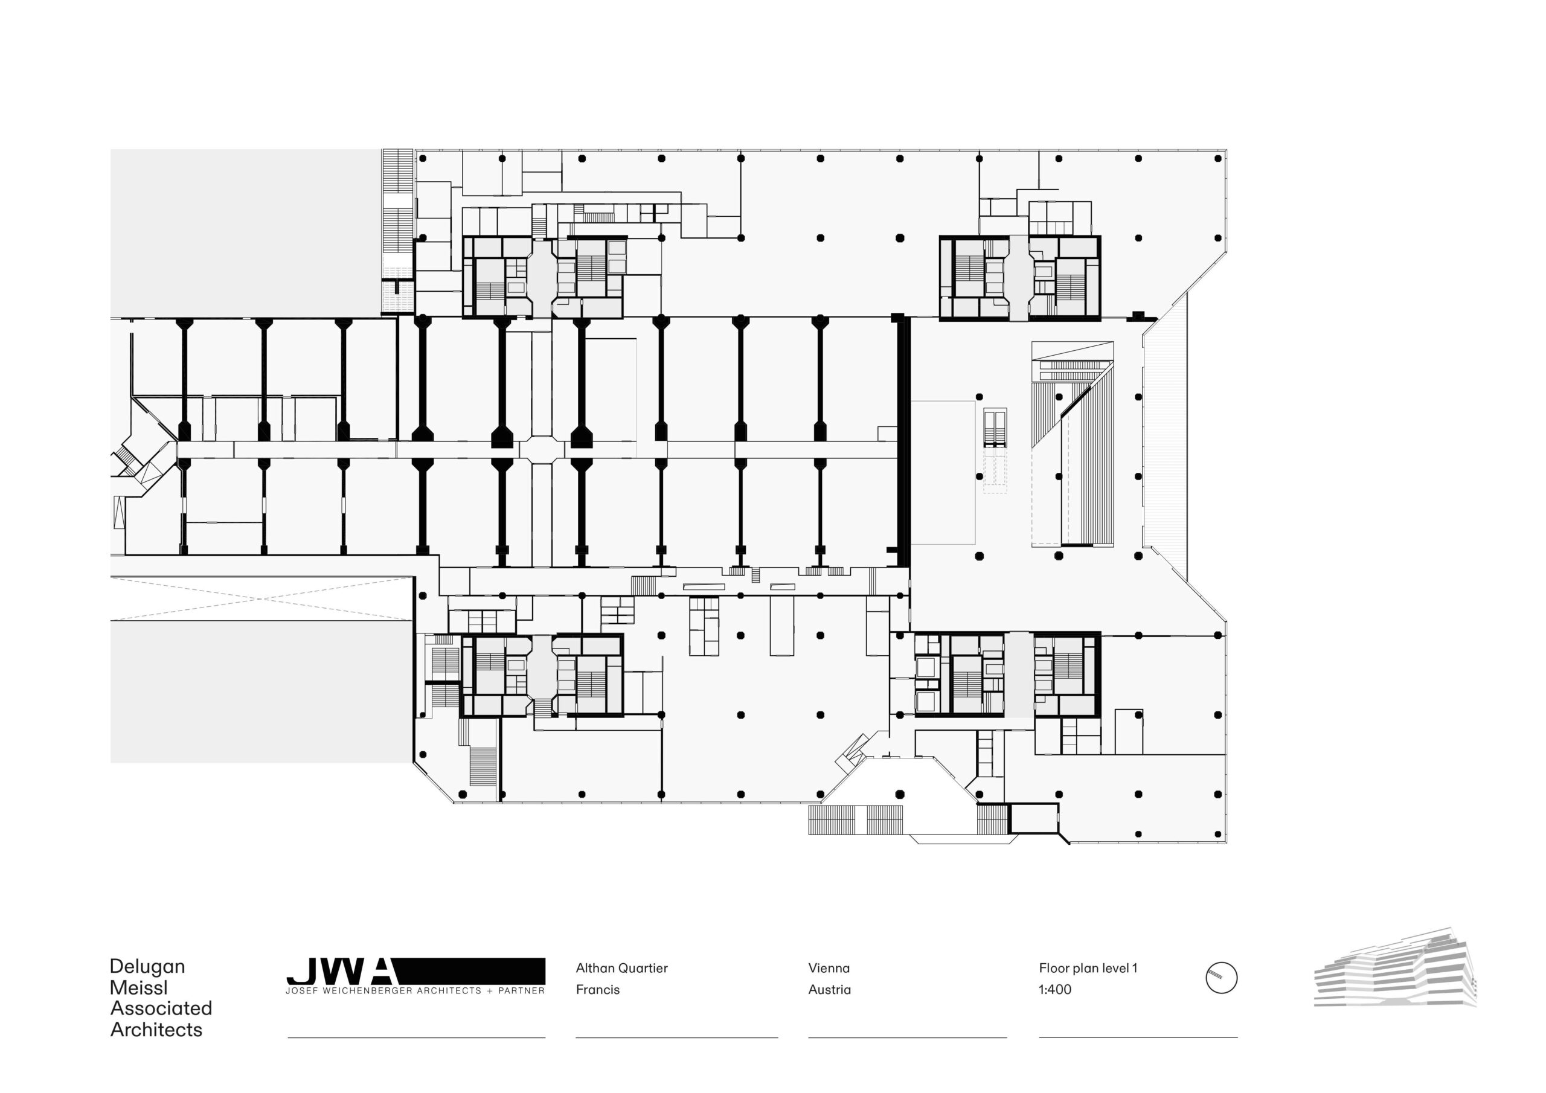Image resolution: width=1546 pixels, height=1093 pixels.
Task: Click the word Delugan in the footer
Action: pyautogui.click(x=147, y=966)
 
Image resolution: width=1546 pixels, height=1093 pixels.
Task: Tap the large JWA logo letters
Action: pyautogui.click(x=340, y=972)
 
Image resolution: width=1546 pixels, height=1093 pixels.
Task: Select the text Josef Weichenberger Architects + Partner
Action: pyautogui.click(x=415, y=990)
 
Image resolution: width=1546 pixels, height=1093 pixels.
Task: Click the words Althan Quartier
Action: pyautogui.click(x=621, y=968)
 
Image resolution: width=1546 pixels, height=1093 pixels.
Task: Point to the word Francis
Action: pyautogui.click(x=597, y=989)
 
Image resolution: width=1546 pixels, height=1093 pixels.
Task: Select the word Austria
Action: pyautogui.click(x=829, y=989)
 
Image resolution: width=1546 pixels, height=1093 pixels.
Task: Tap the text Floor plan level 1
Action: pyautogui.click(x=1087, y=968)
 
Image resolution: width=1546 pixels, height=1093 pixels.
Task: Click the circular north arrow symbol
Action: pyautogui.click(x=1220, y=978)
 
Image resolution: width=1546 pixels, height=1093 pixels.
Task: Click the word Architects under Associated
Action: pyautogui.click(x=156, y=1030)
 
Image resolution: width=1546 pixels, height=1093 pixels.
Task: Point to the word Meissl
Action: pyautogui.click(x=138, y=988)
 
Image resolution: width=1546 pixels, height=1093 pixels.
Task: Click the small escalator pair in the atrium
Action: pyautogui.click(x=995, y=428)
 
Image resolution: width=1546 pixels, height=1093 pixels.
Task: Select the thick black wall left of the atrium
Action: pyautogui.click(x=903, y=441)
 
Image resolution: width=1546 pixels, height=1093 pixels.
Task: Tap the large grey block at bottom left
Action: pyautogui.click(x=260, y=691)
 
